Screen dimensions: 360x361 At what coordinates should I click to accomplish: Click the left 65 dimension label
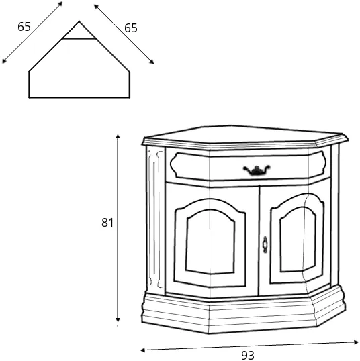24,27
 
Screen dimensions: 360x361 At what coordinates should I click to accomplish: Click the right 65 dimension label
131,28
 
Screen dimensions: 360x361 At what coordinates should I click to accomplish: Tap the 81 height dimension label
107,223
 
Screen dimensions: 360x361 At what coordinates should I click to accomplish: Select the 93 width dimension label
248,355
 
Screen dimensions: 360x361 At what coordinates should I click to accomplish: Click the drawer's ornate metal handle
257,170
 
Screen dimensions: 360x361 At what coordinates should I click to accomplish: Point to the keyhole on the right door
265,244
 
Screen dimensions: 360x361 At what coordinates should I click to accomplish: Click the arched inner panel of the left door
210,242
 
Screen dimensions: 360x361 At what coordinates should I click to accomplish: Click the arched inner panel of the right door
298,240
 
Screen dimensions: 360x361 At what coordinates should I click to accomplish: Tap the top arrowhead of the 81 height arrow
118,136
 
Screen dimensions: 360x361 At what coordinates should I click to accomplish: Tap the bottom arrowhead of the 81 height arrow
118,320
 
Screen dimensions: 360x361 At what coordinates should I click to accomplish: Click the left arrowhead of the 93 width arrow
142,350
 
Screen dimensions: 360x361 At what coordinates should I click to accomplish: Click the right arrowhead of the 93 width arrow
356,342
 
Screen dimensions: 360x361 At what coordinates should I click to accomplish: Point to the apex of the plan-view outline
79,21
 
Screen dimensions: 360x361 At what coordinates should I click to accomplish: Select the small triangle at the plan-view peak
79,32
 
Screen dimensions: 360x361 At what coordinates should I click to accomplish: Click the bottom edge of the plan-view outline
79,97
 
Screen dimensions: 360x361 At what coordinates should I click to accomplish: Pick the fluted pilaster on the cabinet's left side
155,219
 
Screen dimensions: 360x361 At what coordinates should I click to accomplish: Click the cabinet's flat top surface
244,135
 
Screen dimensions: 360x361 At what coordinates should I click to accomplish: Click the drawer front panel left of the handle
208,166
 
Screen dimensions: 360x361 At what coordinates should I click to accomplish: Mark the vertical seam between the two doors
259,241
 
